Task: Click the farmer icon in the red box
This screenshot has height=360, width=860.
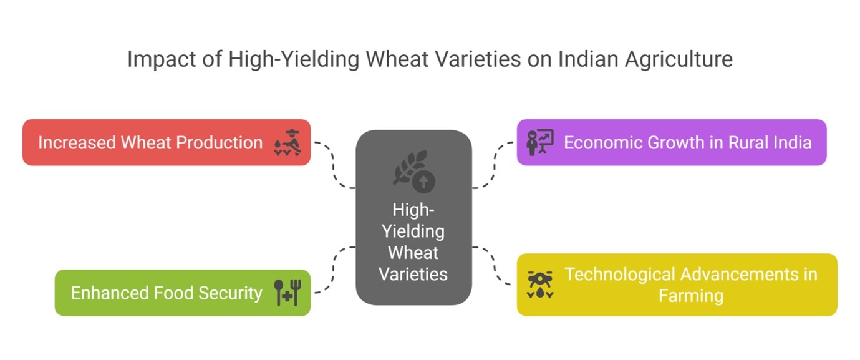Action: click(287, 142)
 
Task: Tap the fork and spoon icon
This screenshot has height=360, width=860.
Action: click(287, 293)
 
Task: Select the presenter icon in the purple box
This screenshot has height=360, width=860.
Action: click(540, 142)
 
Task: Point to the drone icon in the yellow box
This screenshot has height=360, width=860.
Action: click(540, 285)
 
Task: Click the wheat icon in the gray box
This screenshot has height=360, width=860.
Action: click(413, 172)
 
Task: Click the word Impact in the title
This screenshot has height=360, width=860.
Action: click(162, 60)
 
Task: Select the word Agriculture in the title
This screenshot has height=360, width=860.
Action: click(679, 60)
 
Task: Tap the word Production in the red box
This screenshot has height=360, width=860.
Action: click(220, 142)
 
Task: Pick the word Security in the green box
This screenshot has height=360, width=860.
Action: click(230, 293)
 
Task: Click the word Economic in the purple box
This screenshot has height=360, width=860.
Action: click(603, 142)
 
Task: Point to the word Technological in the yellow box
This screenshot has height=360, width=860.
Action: click(620, 275)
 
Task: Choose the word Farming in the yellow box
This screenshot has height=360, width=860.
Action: click(691, 296)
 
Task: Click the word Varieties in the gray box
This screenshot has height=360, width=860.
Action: click(413, 275)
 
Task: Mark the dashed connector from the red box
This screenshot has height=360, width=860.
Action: click(333, 165)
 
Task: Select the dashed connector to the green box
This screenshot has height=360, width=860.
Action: click(333, 270)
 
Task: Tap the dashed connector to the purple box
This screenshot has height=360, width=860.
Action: click(495, 165)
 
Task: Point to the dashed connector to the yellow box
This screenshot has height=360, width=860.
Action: click(495, 266)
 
